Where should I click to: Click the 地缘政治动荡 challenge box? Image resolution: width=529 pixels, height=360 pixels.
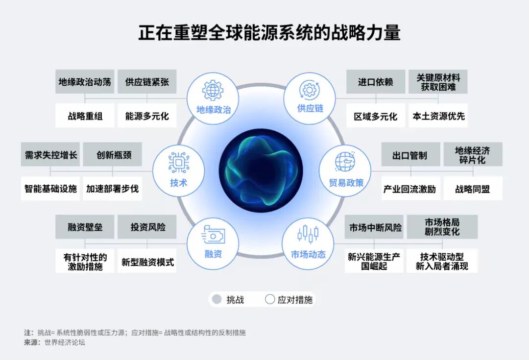pyautogui.click(x=85, y=82)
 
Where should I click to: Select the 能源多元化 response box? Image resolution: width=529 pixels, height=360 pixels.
pyautogui.click(x=147, y=116)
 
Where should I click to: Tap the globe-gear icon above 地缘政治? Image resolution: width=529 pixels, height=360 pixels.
pyautogui.click(x=213, y=90)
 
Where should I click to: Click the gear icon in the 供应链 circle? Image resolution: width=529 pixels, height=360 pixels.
pyautogui.click(x=310, y=90)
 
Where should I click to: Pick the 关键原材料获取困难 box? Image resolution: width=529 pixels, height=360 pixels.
pyautogui.click(x=438, y=82)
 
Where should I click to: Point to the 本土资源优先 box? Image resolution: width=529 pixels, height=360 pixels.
pyautogui.click(x=438, y=116)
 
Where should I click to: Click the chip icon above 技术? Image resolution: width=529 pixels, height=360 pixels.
pyautogui.click(x=178, y=163)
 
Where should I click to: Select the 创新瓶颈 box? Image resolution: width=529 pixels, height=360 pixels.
pyautogui.click(x=112, y=154)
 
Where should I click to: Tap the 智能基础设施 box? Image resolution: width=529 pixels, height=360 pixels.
pyautogui.click(x=50, y=188)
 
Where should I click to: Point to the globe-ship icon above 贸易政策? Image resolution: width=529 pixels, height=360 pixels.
pyautogui.click(x=345, y=162)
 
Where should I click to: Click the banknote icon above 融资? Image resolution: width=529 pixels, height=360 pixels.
pyautogui.click(x=213, y=235)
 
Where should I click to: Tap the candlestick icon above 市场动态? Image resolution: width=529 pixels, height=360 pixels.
pyautogui.click(x=308, y=234)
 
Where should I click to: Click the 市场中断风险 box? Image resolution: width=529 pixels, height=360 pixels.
pyautogui.click(x=374, y=227)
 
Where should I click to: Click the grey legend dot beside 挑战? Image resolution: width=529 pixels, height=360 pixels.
pyautogui.click(x=216, y=299)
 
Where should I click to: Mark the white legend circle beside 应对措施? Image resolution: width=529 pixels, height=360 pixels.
pyautogui.click(x=270, y=299)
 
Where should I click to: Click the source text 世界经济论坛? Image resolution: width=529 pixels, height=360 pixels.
pyautogui.click(x=65, y=342)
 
